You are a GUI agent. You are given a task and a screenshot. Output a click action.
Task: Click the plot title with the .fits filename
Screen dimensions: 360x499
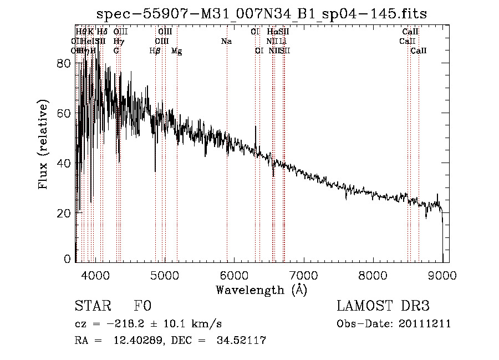coord(262,14)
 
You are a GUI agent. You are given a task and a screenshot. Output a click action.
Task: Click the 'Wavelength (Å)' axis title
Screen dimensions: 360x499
coord(261,290)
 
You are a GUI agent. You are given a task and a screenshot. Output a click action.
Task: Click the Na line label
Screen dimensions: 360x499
coord(226,42)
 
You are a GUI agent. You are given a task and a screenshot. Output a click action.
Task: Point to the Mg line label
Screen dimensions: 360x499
coord(177,51)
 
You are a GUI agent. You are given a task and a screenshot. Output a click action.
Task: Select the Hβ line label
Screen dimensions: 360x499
coord(155,51)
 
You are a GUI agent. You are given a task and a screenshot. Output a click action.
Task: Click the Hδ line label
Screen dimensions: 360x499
coord(102,32)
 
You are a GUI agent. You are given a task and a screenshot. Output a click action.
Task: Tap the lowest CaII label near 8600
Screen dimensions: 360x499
coord(419,51)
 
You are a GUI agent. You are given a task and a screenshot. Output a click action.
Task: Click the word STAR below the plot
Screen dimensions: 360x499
coord(91,307)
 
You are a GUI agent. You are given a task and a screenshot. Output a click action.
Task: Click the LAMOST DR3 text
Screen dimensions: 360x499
coord(383,307)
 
